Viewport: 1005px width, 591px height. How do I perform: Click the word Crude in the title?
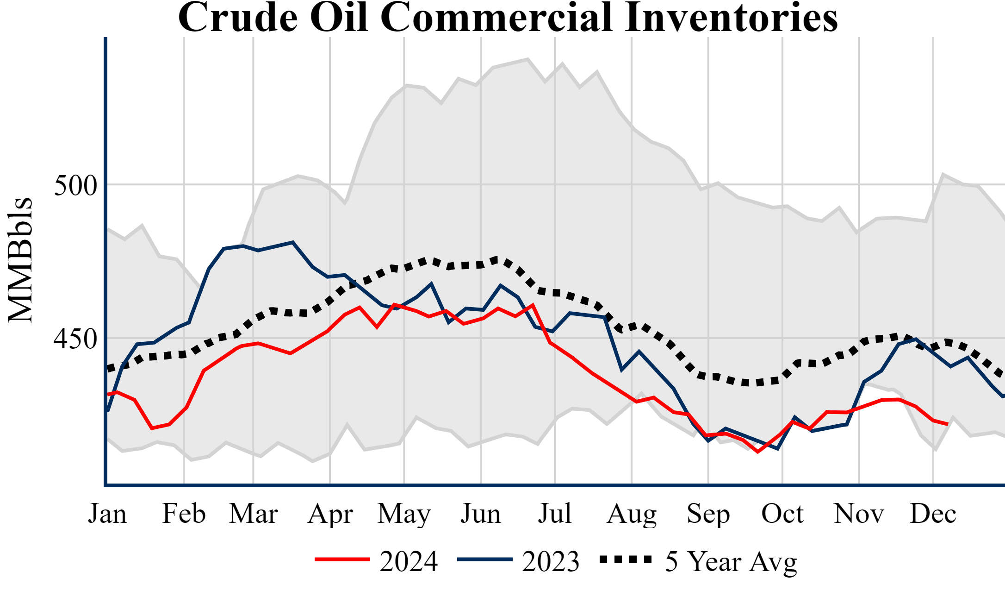[237, 18]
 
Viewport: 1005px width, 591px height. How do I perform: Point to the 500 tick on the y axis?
[75, 185]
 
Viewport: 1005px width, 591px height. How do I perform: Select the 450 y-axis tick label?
[75, 339]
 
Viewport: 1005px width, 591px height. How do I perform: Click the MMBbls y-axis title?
[20, 260]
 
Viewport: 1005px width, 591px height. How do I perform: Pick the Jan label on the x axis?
[107, 514]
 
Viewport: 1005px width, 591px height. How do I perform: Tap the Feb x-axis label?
[184, 514]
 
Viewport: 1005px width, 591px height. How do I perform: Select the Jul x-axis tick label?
[555, 514]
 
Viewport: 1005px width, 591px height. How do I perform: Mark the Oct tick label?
[782, 514]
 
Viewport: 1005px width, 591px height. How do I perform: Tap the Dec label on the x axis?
[933, 514]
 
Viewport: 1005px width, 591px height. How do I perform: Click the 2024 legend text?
[409, 561]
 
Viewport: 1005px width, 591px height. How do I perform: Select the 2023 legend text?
[551, 561]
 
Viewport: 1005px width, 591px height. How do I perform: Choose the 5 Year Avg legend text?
[731, 562]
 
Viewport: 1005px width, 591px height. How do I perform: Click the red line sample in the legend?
[342, 560]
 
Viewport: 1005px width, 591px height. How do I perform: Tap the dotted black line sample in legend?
[625, 560]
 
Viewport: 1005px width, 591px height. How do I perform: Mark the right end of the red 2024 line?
[948, 424]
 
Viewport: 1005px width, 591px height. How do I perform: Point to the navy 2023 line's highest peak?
[292, 242]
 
